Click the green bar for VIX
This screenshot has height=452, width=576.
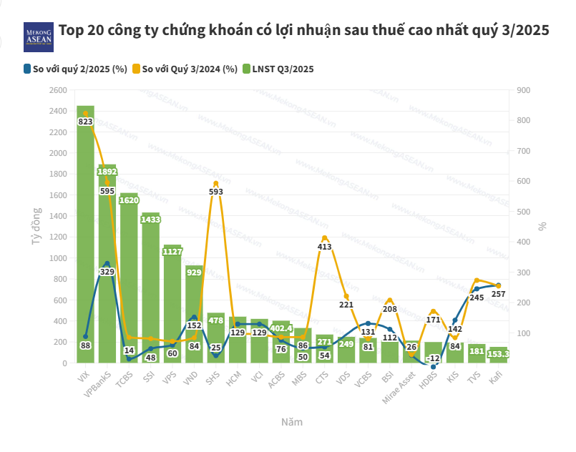(x=85, y=236)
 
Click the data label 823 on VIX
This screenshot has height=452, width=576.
(x=85, y=122)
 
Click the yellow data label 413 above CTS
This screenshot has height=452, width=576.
(x=324, y=247)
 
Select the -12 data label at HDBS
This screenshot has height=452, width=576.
(x=432, y=358)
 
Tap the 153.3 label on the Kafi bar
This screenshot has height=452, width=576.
(x=498, y=354)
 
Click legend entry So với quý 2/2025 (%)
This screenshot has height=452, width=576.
(x=75, y=69)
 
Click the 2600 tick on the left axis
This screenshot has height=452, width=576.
(x=58, y=90)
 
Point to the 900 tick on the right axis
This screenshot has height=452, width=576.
(x=522, y=90)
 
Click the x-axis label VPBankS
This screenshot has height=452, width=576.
(x=98, y=385)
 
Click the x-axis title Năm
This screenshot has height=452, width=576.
(x=291, y=422)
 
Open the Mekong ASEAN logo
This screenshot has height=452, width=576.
(x=39, y=34)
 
